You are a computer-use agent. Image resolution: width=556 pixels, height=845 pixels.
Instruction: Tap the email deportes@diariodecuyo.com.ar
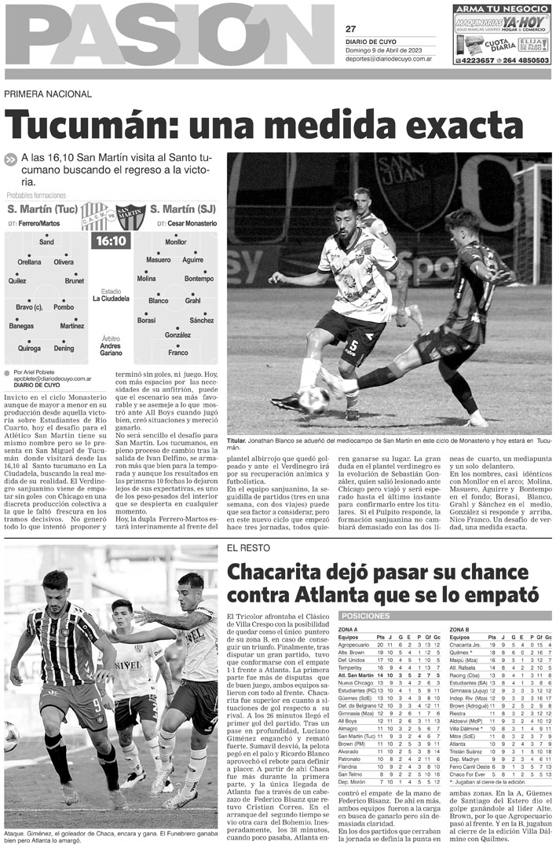[389, 58]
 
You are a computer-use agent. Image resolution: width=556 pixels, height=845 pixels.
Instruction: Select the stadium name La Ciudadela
[111, 298]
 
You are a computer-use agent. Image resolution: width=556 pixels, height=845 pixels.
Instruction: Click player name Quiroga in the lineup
[30, 348]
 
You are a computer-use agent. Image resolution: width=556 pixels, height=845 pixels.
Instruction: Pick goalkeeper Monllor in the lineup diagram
[176, 242]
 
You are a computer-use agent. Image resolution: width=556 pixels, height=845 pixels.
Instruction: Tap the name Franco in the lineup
[178, 353]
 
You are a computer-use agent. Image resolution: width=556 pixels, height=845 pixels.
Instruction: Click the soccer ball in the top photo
[313, 400]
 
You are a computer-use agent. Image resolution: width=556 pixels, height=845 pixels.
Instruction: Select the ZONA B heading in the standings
[461, 630]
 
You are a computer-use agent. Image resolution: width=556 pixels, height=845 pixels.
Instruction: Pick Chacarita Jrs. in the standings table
[466, 645]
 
